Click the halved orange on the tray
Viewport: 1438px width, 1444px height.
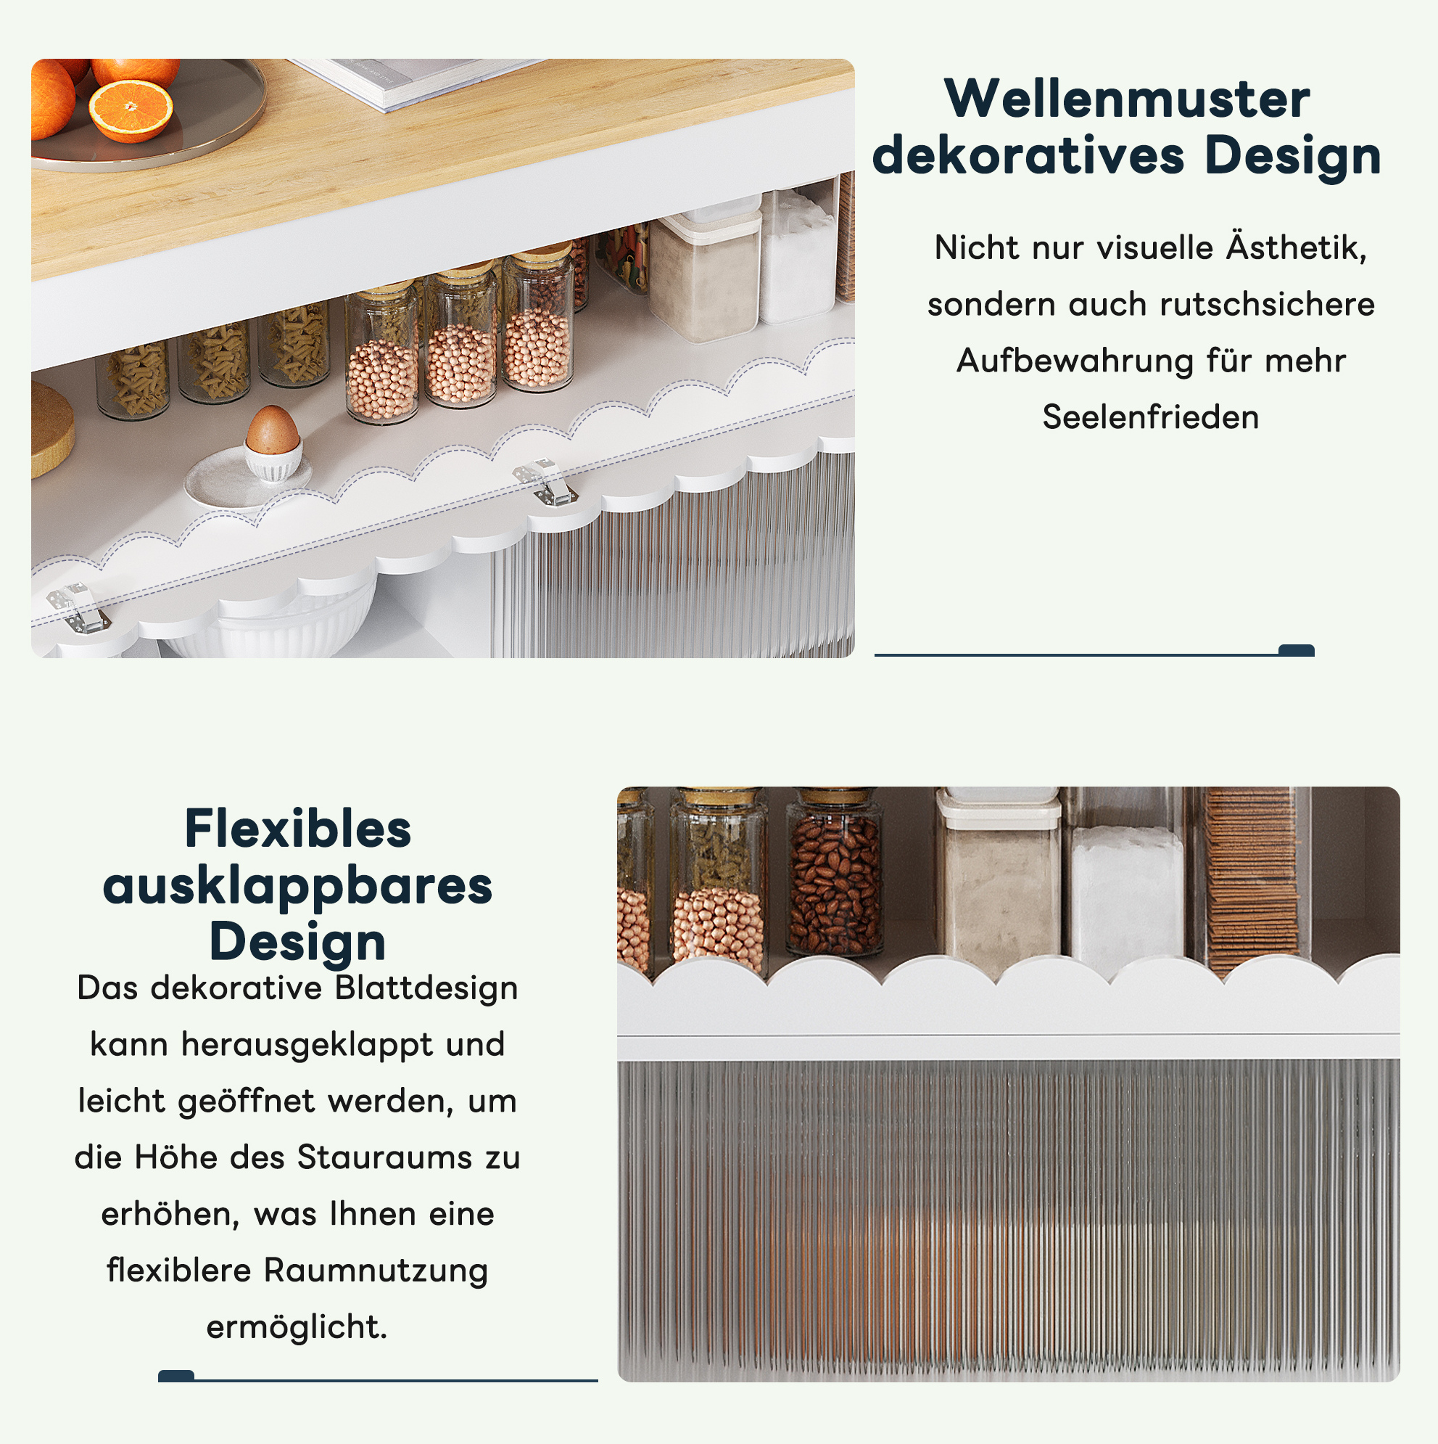pos(131,110)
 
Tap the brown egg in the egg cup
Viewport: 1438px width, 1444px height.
pos(273,430)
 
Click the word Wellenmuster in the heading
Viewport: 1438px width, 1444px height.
pos(1127,99)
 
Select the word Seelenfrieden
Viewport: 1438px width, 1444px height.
pos(1150,417)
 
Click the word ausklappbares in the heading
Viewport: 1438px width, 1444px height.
pos(297,887)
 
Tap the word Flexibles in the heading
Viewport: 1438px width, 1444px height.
pos(297,829)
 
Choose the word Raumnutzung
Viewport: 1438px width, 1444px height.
pos(376,1271)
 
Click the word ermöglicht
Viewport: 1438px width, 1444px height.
pos(297,1326)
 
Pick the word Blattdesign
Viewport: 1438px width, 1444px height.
pos(426,988)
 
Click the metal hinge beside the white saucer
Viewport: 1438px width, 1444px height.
pos(545,481)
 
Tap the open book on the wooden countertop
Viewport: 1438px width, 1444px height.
pos(416,81)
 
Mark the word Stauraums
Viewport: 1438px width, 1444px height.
pos(385,1158)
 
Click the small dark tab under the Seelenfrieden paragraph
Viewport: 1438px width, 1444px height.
pos(1296,650)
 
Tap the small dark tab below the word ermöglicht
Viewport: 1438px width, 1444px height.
pos(176,1376)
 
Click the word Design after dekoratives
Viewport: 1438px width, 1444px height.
pos(1293,156)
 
